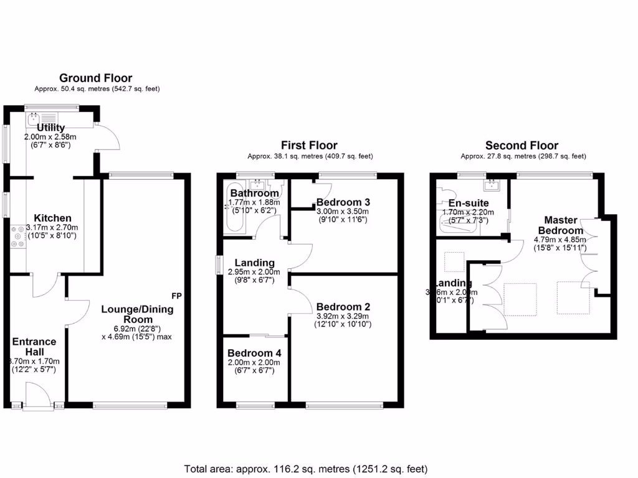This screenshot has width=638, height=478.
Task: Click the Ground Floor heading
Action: click(x=95, y=78)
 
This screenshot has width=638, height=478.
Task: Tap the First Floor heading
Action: click(x=310, y=146)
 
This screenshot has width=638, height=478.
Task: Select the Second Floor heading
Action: click(x=522, y=146)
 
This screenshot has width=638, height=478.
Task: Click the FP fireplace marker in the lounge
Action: click(x=176, y=294)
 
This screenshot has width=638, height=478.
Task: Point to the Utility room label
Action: click(x=50, y=128)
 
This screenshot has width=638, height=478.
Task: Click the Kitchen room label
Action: click(x=52, y=218)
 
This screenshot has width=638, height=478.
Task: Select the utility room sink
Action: click(x=33, y=117)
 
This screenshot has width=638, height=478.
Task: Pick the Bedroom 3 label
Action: click(x=343, y=202)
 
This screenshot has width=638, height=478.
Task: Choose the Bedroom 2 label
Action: click(x=343, y=307)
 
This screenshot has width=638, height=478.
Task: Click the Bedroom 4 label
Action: click(x=254, y=353)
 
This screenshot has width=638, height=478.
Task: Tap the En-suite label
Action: click(x=469, y=203)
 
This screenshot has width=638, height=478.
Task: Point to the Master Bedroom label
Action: click(x=561, y=225)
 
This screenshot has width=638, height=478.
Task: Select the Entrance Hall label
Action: click(x=34, y=347)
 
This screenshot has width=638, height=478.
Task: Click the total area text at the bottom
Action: click(x=305, y=468)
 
